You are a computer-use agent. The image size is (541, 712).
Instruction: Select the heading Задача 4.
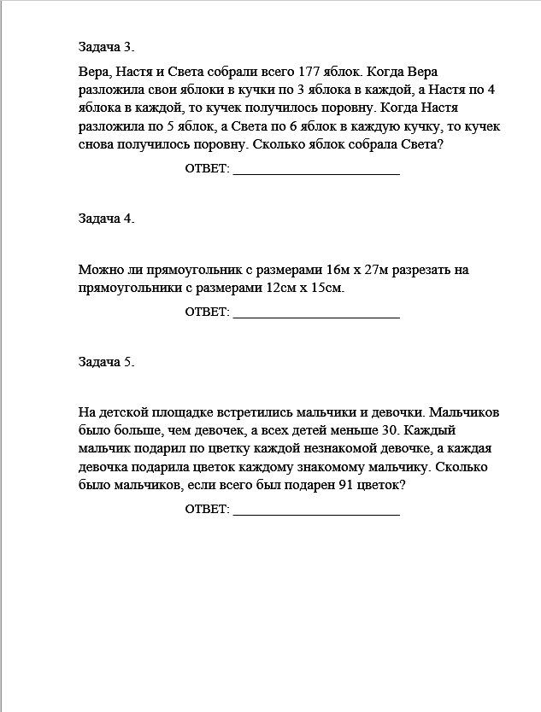(x=106, y=218)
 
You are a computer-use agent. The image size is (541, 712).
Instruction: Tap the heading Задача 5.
(x=106, y=362)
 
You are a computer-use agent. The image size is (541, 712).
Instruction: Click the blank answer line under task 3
(x=316, y=171)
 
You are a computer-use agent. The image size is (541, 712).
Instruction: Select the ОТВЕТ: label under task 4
(x=208, y=313)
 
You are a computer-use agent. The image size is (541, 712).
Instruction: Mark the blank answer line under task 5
(x=316, y=511)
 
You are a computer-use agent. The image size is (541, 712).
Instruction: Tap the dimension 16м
(x=328, y=271)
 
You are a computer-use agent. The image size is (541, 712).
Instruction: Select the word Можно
(x=97, y=271)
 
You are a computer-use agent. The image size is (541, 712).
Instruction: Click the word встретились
(x=253, y=412)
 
